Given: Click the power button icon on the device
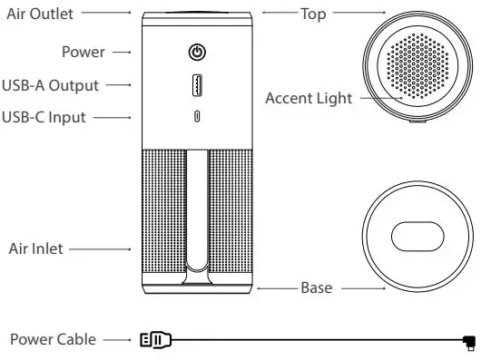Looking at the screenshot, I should [198, 52].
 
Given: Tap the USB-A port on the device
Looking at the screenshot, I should [198, 85].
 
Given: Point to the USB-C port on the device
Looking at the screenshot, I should [198, 116].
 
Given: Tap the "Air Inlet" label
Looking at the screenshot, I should [35, 248].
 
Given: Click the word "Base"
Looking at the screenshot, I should [317, 288].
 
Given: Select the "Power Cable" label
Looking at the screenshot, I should [52, 340].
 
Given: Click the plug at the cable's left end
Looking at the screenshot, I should [156, 341].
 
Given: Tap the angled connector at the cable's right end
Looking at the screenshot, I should [468, 342].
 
